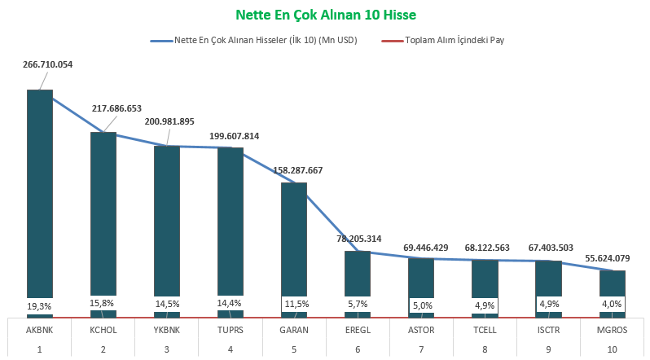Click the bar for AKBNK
click(x=40, y=195)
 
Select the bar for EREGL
click(x=358, y=277)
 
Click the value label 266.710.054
click(x=48, y=64)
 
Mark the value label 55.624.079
click(x=613, y=258)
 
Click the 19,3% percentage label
click(x=40, y=305)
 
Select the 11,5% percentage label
click(x=294, y=304)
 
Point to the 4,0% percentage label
click(x=613, y=304)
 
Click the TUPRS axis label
click(x=231, y=330)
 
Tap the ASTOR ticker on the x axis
click(x=421, y=330)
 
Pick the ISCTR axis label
click(x=548, y=330)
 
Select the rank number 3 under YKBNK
click(x=167, y=349)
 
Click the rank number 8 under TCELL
click(x=485, y=349)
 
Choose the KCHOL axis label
click(x=103, y=330)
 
